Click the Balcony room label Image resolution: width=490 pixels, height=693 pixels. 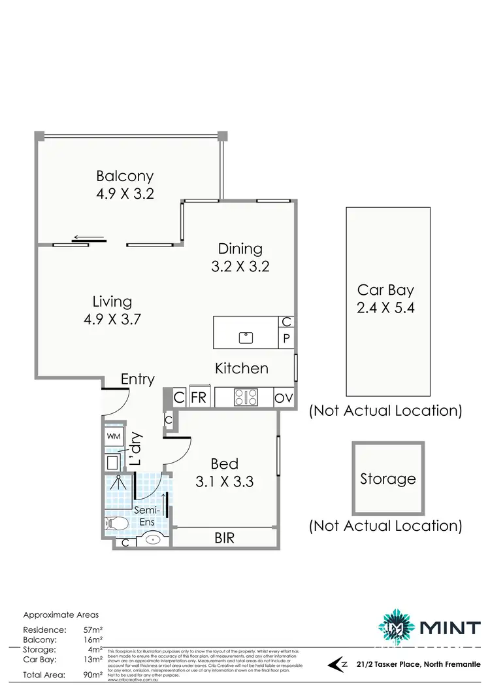coord(125,176)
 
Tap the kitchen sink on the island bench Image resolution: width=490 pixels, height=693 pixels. coord(246,337)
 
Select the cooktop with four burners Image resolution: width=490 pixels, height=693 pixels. coord(246,397)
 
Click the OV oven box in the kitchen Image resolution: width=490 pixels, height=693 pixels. coord(284,397)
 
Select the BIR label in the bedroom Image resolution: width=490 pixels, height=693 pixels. coord(225,538)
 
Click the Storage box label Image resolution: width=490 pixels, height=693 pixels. coord(388,479)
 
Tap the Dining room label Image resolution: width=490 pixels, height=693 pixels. coord(240,248)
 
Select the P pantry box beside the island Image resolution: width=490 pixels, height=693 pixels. coord(286,339)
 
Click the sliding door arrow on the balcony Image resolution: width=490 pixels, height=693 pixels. coord(88,237)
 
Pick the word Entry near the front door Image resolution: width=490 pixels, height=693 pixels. coord(138,379)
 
